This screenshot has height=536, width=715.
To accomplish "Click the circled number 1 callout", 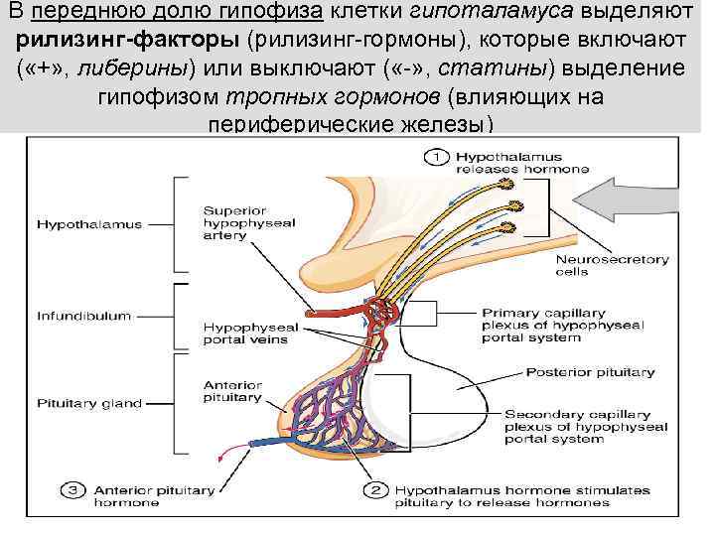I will click(436, 156).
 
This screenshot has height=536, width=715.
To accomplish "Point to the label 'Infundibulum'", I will click(83, 317).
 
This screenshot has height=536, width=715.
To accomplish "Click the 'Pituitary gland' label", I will click(88, 404).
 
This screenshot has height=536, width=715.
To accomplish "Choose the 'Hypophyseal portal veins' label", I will click(245, 332).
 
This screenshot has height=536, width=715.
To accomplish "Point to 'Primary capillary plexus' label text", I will click(562, 324).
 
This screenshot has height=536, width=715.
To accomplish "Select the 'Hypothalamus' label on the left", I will click(89, 224).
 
